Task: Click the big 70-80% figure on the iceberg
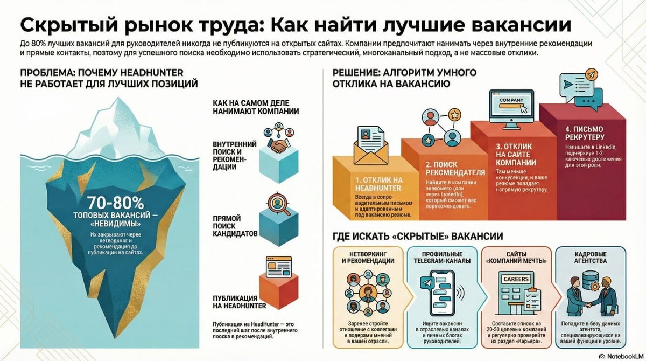(x=115, y=203)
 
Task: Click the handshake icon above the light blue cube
(x=278, y=145)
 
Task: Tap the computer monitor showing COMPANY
(x=511, y=108)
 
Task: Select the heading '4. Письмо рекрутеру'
(x=584, y=133)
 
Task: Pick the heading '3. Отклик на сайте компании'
(x=516, y=155)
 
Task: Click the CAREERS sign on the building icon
(x=515, y=279)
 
